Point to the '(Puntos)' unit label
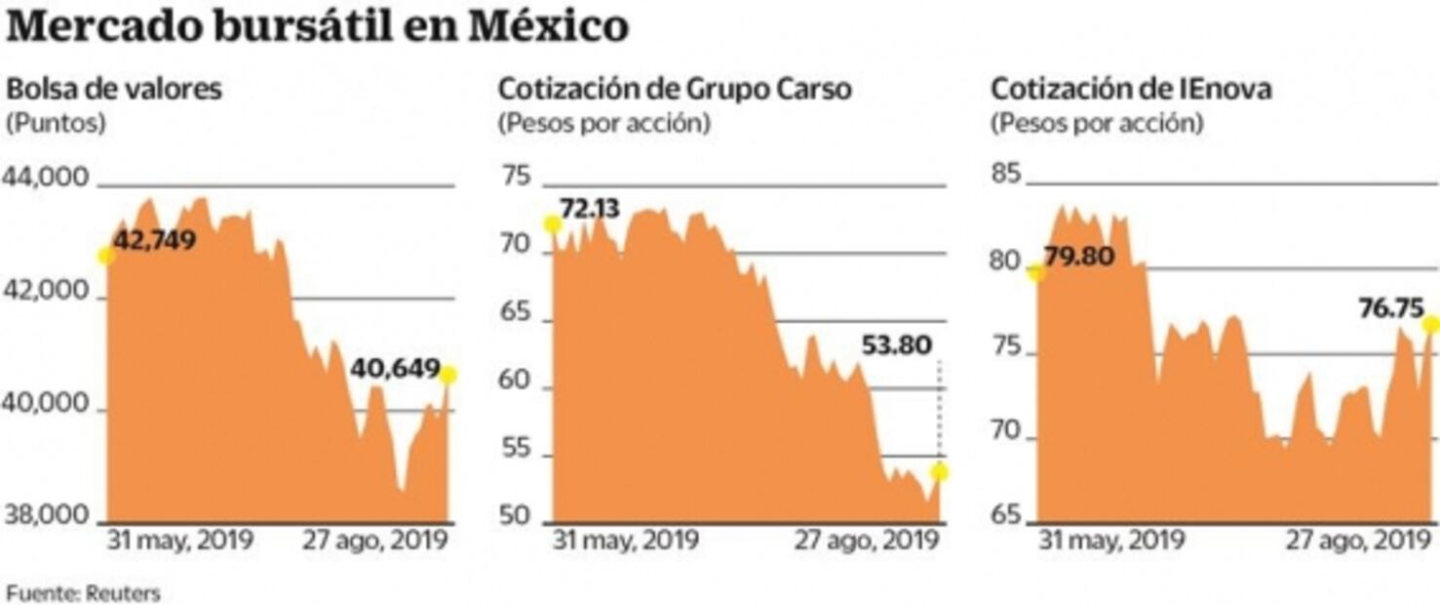(56, 124)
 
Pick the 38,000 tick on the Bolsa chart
(48, 516)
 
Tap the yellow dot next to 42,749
(105, 256)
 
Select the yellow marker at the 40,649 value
(448, 375)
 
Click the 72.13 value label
(590, 208)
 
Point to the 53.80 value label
(897, 344)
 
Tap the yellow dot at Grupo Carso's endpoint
(940, 472)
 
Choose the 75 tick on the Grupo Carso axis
(516, 178)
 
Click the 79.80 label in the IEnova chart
(1078, 259)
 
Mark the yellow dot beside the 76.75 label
(1431, 324)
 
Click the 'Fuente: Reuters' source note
(83, 591)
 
